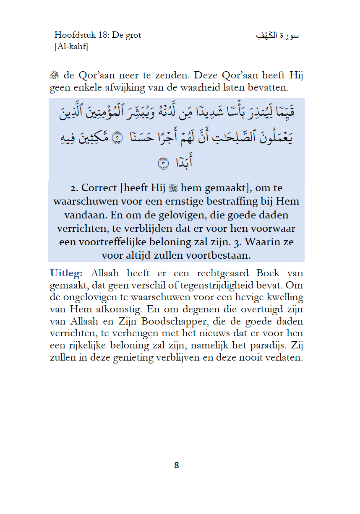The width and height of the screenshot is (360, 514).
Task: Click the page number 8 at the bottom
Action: point(176,465)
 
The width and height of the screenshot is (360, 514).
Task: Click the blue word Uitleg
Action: point(66,273)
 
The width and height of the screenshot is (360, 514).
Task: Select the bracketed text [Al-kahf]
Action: point(71,47)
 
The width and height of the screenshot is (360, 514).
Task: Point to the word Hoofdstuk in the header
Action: point(72,35)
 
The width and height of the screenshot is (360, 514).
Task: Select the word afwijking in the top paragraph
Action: point(115,88)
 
